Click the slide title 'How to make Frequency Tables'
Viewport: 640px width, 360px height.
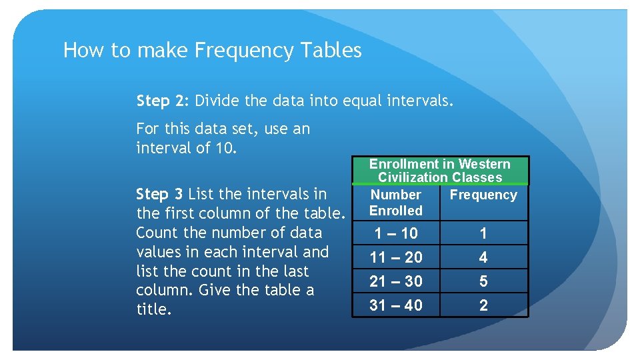pos(212,51)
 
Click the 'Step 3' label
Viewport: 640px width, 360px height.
pos(159,194)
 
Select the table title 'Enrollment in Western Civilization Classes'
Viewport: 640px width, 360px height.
pos(440,171)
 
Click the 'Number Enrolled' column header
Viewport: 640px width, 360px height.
pos(396,203)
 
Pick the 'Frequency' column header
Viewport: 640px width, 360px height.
pos(483,195)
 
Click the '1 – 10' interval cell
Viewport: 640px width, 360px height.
pos(396,233)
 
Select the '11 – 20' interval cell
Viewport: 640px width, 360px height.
pos(396,257)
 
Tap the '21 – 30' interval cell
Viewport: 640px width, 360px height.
pos(396,281)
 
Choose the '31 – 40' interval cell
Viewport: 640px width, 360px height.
pos(396,305)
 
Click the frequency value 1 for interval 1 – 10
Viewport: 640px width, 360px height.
pos(483,233)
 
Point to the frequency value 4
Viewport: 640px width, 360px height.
pos(483,257)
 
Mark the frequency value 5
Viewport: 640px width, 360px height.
pos(483,281)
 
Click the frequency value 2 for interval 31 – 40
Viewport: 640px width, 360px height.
pos(483,305)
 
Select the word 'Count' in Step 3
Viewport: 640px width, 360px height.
pos(157,233)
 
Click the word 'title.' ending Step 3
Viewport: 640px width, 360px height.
pos(153,309)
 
